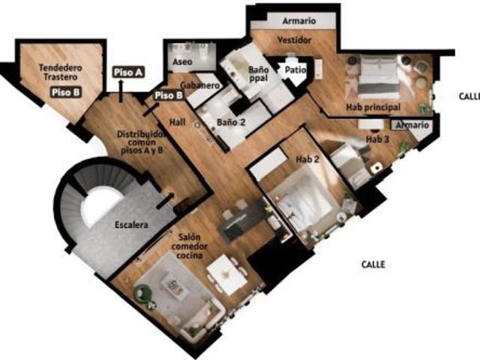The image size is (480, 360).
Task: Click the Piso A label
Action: (x=128, y=73)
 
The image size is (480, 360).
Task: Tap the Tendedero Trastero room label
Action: (x=60, y=72)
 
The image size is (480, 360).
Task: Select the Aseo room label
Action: (x=182, y=61)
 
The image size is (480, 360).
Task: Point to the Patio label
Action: (x=295, y=70)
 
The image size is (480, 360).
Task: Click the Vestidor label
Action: (x=295, y=40)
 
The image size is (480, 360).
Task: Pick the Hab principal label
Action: (x=373, y=107)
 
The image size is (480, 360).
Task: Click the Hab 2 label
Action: (x=307, y=159)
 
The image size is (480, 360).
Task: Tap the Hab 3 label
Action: (x=377, y=139)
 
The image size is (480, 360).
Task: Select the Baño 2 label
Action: (x=231, y=122)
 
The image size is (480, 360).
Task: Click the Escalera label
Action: (x=132, y=225)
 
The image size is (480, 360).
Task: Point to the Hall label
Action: (x=178, y=122)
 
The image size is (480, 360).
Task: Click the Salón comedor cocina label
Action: (x=189, y=246)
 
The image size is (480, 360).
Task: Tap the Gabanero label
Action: (x=200, y=85)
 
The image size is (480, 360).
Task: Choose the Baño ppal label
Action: (x=259, y=74)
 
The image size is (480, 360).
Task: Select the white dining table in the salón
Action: (x=226, y=274)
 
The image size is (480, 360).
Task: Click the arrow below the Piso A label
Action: (x=121, y=91)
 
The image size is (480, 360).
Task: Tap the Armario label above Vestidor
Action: (x=299, y=21)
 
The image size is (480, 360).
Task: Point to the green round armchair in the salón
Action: (x=143, y=293)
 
